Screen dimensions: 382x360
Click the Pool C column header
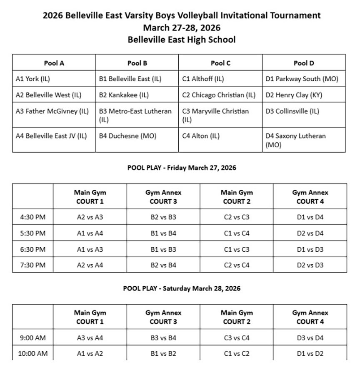(220, 63)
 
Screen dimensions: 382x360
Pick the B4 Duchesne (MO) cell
(127, 136)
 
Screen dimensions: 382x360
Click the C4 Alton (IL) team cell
(201, 136)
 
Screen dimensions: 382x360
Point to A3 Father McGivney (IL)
(52, 111)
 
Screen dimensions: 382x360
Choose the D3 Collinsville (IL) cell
(295, 111)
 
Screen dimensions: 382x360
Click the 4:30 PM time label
(32, 217)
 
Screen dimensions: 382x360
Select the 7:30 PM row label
(32, 265)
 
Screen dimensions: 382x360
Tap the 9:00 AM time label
(32, 338)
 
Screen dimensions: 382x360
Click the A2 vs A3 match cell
(90, 217)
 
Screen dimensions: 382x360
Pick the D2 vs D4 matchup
(310, 233)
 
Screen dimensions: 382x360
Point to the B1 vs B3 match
(163, 249)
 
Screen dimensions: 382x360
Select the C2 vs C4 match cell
(236, 265)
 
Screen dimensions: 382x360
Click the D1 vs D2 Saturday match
(310, 354)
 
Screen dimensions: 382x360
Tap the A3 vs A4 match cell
(90, 338)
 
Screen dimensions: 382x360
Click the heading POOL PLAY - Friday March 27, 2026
(182, 168)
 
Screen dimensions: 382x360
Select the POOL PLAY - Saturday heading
(182, 288)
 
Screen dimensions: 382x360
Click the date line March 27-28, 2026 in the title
(182, 28)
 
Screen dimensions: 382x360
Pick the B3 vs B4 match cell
(163, 338)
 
